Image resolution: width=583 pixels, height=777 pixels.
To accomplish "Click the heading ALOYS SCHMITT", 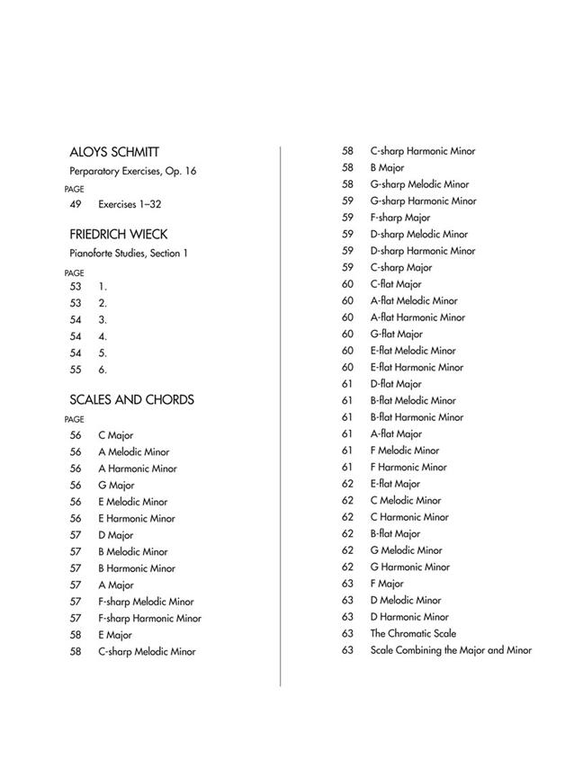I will (114, 152).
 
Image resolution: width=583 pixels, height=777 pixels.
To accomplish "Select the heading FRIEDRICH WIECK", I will (118, 235).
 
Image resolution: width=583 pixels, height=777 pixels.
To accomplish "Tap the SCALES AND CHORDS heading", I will (131, 400).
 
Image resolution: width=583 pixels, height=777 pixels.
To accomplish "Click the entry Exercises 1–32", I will (130, 205).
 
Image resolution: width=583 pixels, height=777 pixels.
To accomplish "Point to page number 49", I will (76, 205).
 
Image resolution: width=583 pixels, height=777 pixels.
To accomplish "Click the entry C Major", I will (115, 435).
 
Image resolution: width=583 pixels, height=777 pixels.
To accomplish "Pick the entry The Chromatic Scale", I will (412, 633).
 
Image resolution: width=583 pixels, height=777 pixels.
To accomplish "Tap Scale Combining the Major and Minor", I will (451, 650).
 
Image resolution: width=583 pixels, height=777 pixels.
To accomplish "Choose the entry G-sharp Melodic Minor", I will (419, 184).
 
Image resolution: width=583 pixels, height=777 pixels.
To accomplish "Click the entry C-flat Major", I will (396, 284).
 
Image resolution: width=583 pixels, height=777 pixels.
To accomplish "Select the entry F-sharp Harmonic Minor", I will (149, 618).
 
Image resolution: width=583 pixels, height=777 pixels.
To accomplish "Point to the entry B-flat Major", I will (395, 533).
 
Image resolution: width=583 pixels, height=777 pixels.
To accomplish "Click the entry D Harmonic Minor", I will (409, 617).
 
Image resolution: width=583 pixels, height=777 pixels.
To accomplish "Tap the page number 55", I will (76, 369).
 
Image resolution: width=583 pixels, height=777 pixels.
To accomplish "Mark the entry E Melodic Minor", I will (133, 502).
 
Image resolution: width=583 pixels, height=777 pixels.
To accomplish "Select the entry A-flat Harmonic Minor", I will (417, 317).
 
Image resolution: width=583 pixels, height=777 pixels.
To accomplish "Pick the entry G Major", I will (116, 486).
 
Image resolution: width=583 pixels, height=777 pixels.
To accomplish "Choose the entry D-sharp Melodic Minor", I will (418, 235).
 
